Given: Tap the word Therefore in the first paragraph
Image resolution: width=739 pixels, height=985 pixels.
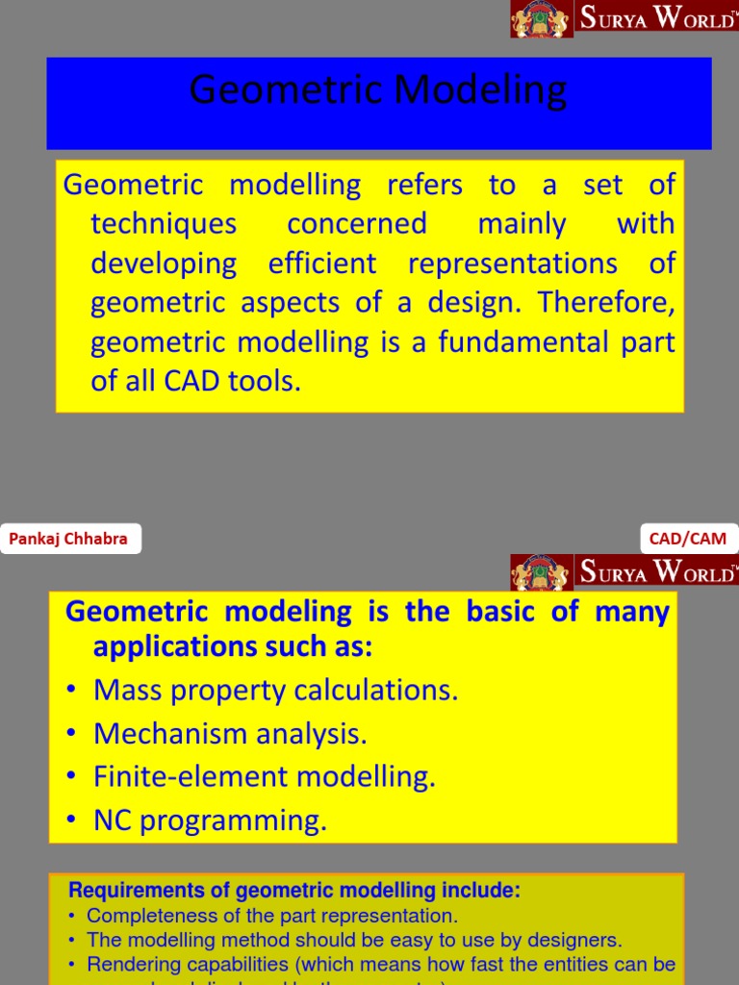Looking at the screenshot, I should [x=606, y=302].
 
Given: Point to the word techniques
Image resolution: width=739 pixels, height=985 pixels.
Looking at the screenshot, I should [x=164, y=224].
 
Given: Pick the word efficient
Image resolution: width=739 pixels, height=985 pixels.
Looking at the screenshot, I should [x=322, y=264].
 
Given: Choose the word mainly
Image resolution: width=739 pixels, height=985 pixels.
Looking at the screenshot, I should [x=522, y=224].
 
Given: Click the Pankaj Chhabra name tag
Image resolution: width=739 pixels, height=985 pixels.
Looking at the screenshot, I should [x=68, y=539].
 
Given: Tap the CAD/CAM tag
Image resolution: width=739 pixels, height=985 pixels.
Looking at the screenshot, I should [x=688, y=539].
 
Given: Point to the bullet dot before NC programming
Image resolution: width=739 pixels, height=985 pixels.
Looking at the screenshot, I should [x=72, y=821].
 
